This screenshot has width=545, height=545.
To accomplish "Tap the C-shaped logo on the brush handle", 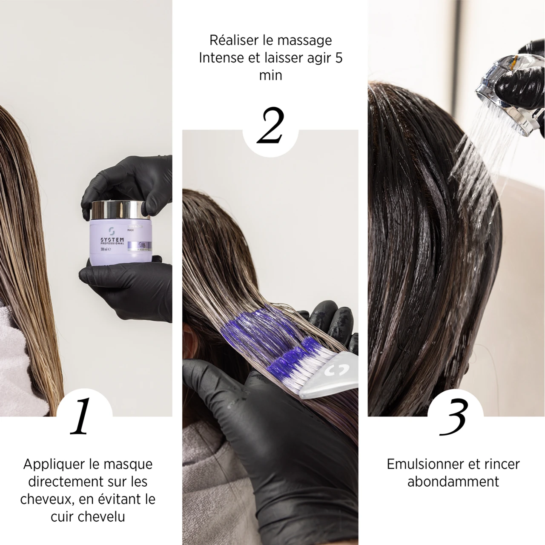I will coord(336,371).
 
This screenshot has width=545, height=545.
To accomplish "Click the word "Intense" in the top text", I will coord(221,58).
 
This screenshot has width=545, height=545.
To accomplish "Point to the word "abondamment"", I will coord(453,482).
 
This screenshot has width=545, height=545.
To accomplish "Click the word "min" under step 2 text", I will coord(270,75).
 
